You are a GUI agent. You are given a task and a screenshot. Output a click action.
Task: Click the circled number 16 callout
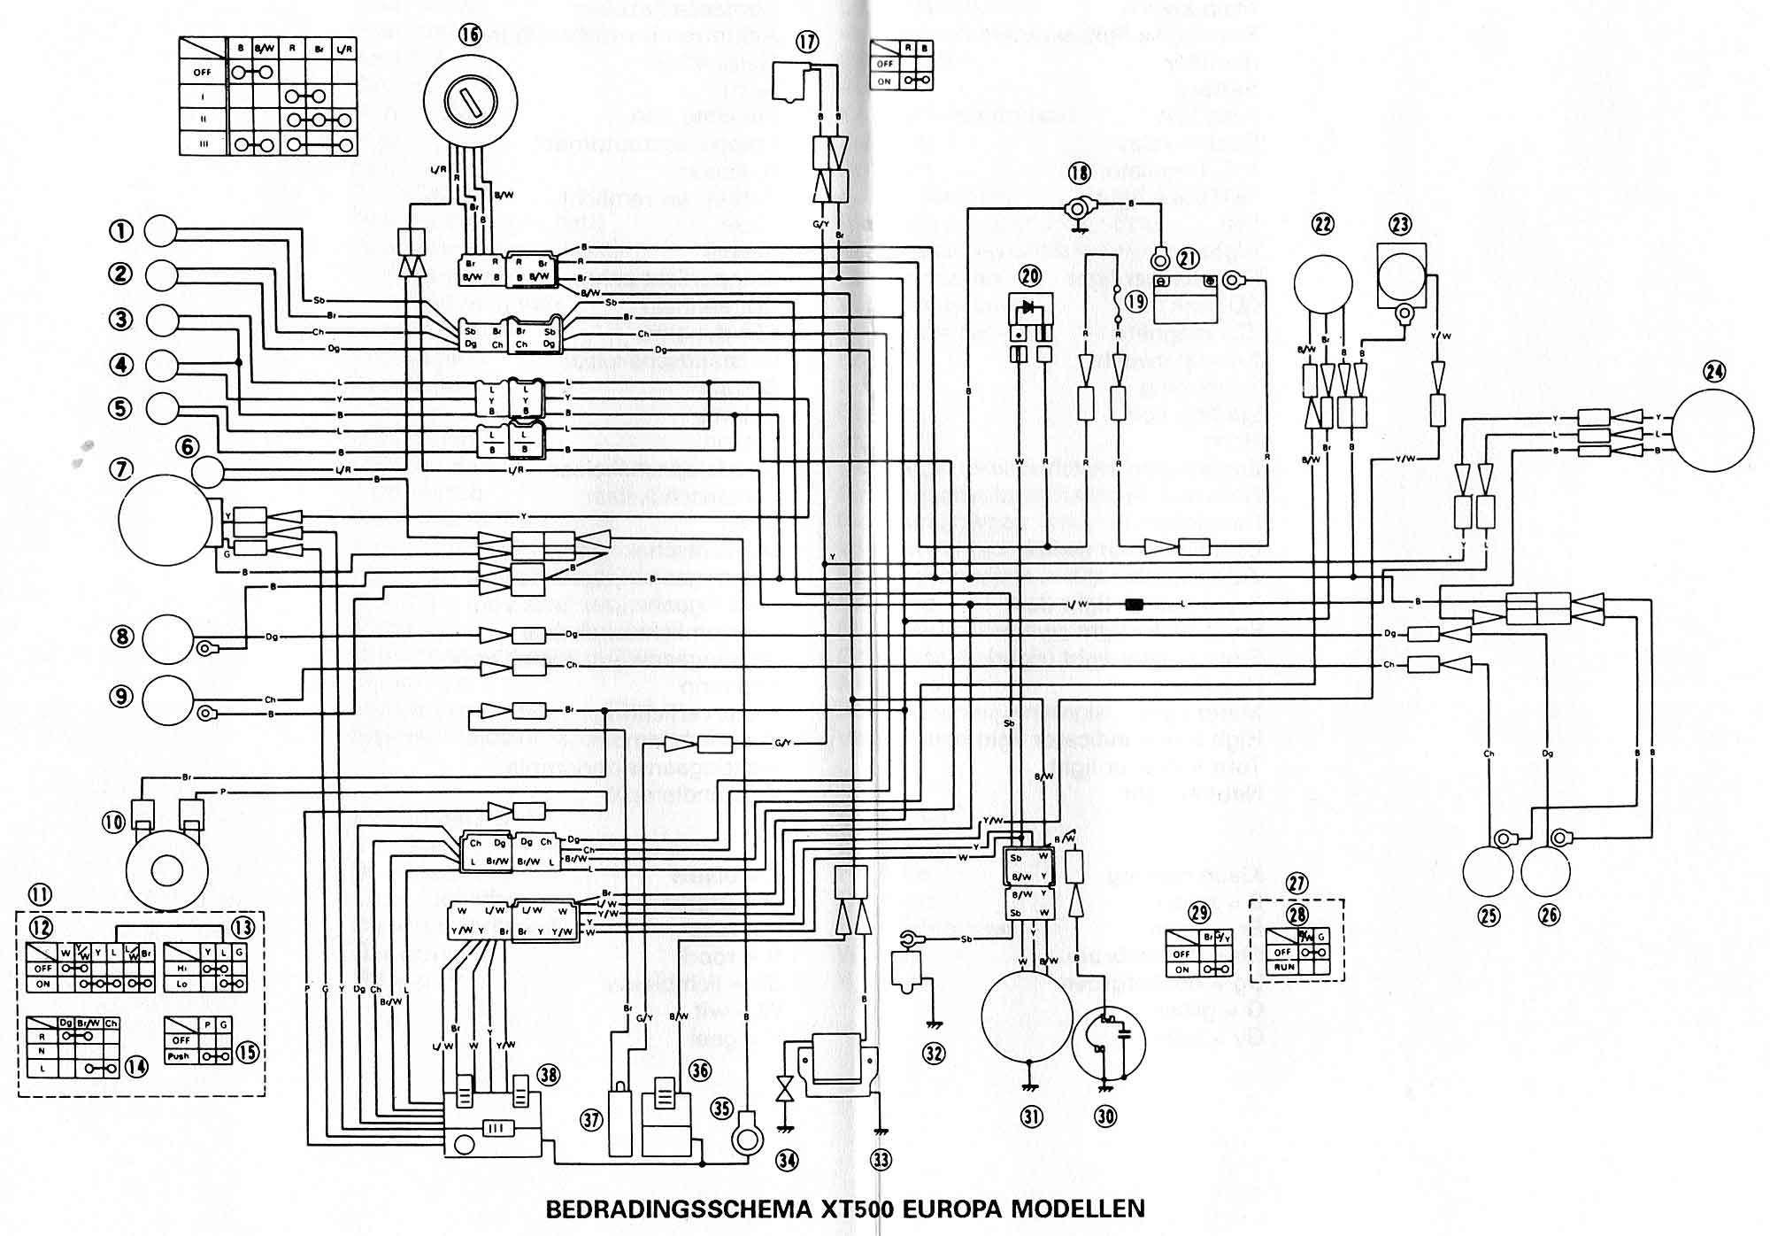click(x=470, y=35)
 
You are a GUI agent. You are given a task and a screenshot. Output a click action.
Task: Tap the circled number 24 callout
click(x=1714, y=372)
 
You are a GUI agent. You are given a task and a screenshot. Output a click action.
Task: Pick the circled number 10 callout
click(x=113, y=823)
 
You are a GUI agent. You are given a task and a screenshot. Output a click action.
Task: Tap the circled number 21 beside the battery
click(x=1187, y=258)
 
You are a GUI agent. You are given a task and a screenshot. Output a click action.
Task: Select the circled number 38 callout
click(x=549, y=1075)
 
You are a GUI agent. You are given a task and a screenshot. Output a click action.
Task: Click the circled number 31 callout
click(x=1032, y=1117)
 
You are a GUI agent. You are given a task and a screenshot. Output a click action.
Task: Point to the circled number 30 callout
click(x=1105, y=1116)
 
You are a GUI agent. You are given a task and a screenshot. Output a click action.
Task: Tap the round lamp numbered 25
click(x=1489, y=871)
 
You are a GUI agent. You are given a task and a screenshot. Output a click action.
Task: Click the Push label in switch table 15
click(x=181, y=1056)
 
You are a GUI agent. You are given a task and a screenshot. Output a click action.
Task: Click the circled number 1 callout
click(x=120, y=230)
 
